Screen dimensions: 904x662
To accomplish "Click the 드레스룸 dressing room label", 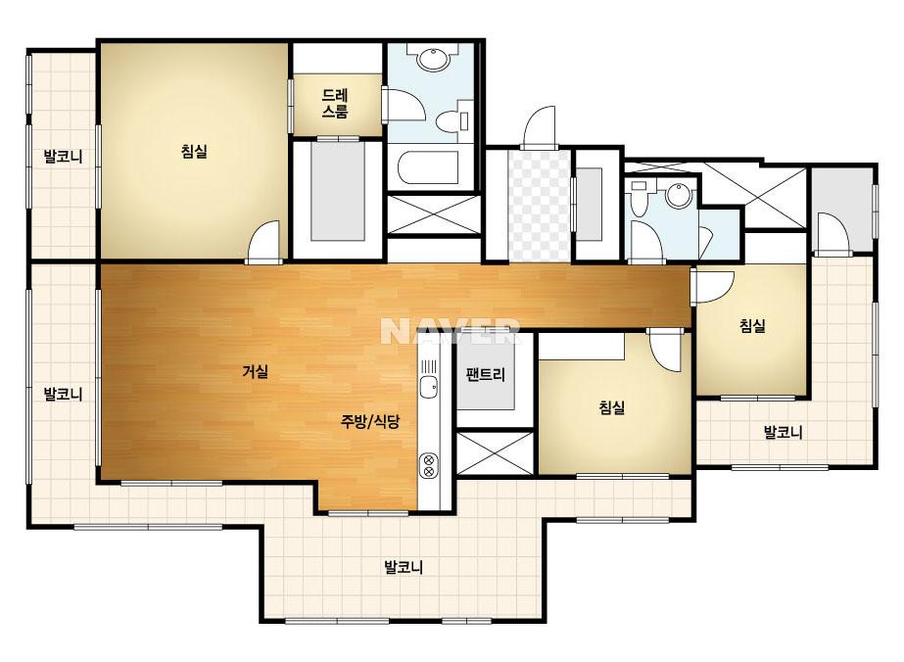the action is point(335,103).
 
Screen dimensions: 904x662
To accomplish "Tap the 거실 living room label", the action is point(256,371).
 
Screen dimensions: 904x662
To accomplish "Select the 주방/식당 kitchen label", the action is point(369,421).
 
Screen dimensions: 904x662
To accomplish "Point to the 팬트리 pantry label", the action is point(486,375).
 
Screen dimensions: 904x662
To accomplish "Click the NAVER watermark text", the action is point(451,331).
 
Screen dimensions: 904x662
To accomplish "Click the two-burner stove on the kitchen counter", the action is point(428,466).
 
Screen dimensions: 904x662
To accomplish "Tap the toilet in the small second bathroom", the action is point(639,199).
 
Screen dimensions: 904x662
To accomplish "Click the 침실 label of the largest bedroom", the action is point(194,152).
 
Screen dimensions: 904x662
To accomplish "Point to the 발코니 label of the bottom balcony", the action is point(404,567).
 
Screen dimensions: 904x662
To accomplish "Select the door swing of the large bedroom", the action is point(263,242).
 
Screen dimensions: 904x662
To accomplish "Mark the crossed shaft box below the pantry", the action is point(496,453).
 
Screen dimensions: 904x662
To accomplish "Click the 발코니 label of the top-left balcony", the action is point(64,156).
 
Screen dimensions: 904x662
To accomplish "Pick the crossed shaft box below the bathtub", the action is point(433,214).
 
